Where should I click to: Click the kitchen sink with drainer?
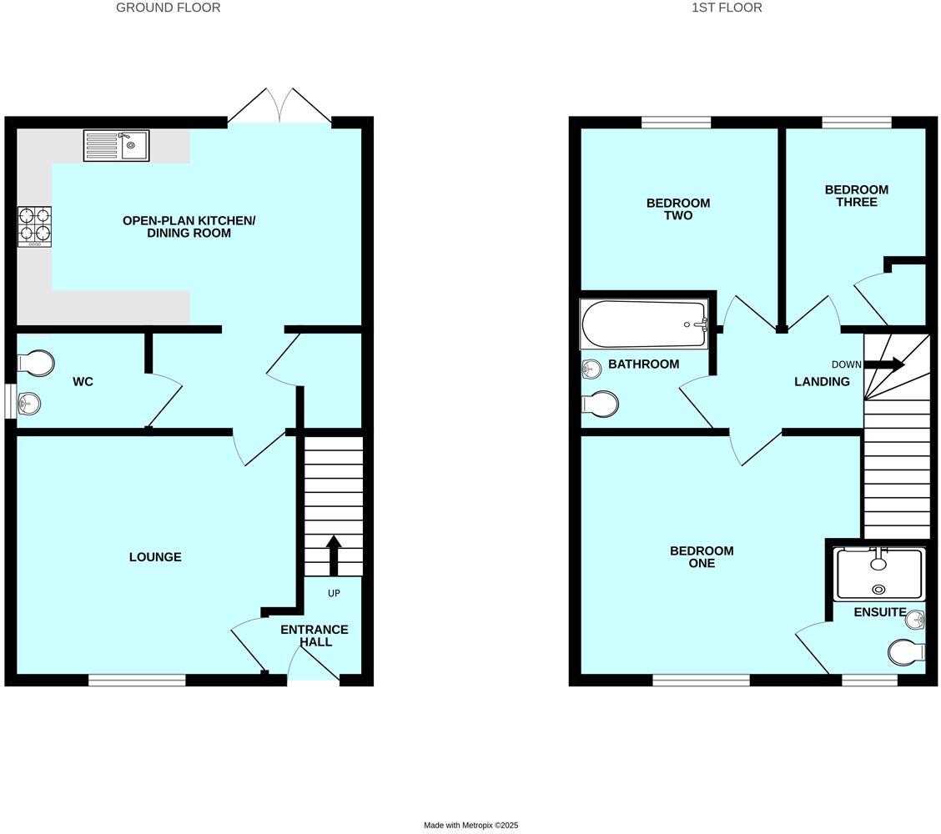tap(116, 145)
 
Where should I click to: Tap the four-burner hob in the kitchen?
tap(34, 226)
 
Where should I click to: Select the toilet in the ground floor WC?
tap(36, 364)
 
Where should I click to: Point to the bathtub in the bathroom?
tap(643, 324)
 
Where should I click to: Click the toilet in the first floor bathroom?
tap(601, 404)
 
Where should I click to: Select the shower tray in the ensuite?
tap(878, 573)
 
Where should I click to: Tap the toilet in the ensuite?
tap(906, 651)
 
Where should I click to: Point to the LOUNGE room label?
tap(155, 557)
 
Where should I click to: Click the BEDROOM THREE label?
tap(857, 196)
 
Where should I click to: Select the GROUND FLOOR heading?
tap(168, 8)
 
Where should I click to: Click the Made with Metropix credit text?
tap(470, 826)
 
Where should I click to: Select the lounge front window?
tap(137, 681)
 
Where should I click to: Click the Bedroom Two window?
tap(677, 123)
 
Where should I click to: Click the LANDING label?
tap(822, 382)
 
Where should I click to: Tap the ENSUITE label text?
tap(880, 612)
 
